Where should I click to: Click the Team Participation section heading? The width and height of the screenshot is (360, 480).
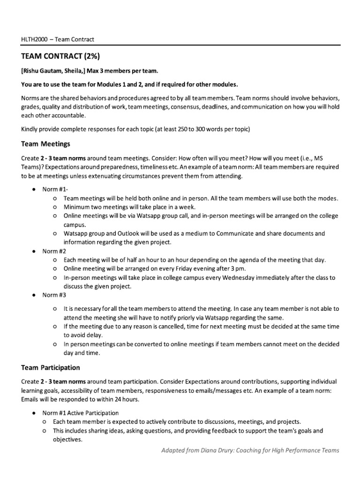click(x=50, y=367)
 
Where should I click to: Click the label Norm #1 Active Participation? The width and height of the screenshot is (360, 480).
click(x=81, y=413)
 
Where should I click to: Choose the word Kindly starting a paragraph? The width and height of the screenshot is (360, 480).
click(x=30, y=129)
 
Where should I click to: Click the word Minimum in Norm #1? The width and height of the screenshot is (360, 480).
click(x=78, y=207)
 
